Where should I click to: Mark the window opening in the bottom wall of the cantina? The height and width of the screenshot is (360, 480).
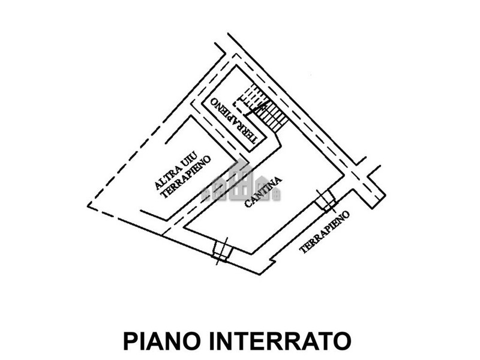point(221,251)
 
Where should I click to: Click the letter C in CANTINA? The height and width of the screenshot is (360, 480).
point(248,204)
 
